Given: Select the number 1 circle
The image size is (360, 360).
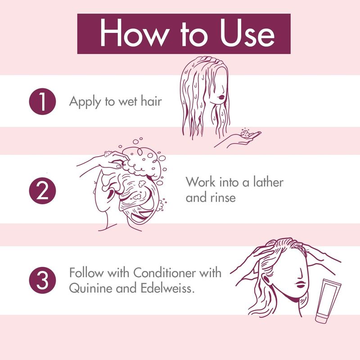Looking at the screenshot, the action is [42, 101].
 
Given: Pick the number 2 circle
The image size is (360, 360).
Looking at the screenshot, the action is [42, 190].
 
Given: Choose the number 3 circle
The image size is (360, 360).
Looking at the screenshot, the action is [42, 280].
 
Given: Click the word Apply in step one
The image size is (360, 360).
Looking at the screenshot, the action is [85, 102].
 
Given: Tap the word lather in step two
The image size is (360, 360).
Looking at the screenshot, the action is [268, 182].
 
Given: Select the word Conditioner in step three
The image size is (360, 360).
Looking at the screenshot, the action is [164, 273].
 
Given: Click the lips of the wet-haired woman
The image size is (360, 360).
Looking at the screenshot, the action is [221, 97].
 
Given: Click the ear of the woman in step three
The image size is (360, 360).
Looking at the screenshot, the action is [265, 279].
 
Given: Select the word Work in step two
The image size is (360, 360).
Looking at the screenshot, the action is [201, 182].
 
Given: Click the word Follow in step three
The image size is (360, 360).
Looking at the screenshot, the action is [86, 273].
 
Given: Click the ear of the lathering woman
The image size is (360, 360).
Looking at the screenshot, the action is [111, 195].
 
